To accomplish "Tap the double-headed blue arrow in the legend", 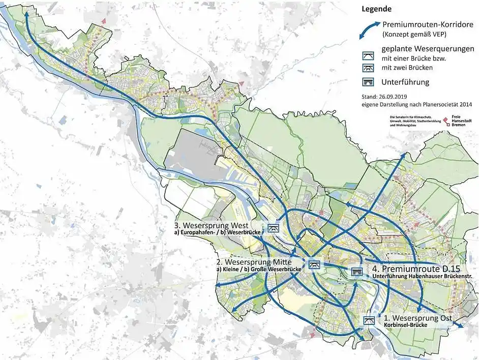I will coord(369,30).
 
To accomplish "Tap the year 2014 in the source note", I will coord(463,104).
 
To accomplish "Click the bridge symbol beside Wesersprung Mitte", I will coord(314,264).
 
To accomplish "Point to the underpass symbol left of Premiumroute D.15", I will coord(356,272).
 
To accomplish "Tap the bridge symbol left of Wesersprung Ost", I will coord(369,320).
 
